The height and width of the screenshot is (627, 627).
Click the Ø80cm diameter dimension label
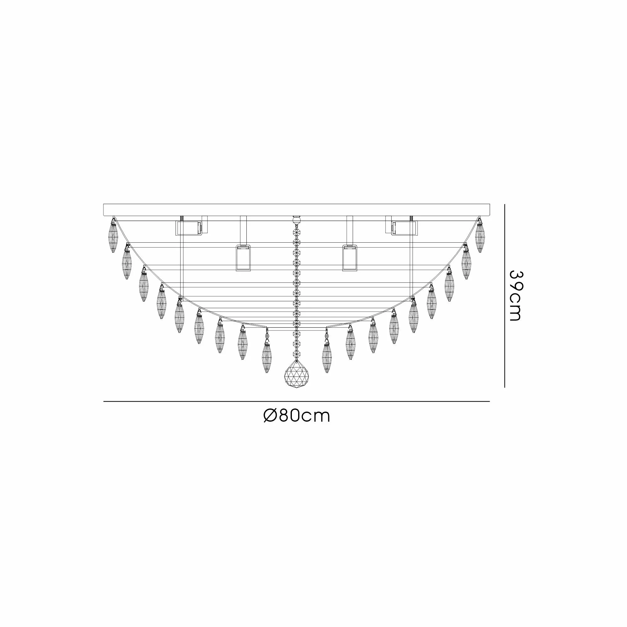point(297,416)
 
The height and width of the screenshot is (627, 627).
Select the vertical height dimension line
point(505,296)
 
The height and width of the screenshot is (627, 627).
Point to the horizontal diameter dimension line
point(297,402)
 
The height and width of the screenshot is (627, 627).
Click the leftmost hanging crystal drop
point(113,235)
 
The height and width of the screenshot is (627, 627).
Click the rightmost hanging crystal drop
point(480,235)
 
